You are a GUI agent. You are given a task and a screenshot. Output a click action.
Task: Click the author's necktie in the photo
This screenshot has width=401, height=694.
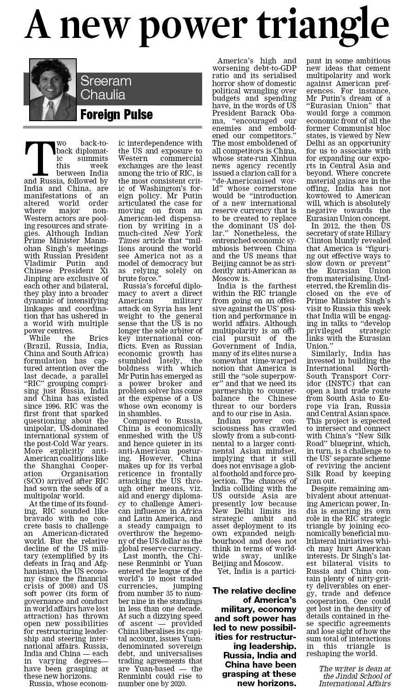pyautogui.click(x=49, y=111)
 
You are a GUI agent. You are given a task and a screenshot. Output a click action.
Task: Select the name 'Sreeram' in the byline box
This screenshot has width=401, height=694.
pyautogui.click(x=106, y=81)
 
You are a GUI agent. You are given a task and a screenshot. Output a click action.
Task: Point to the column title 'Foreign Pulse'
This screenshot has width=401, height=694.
pyautogui.click(x=117, y=114)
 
